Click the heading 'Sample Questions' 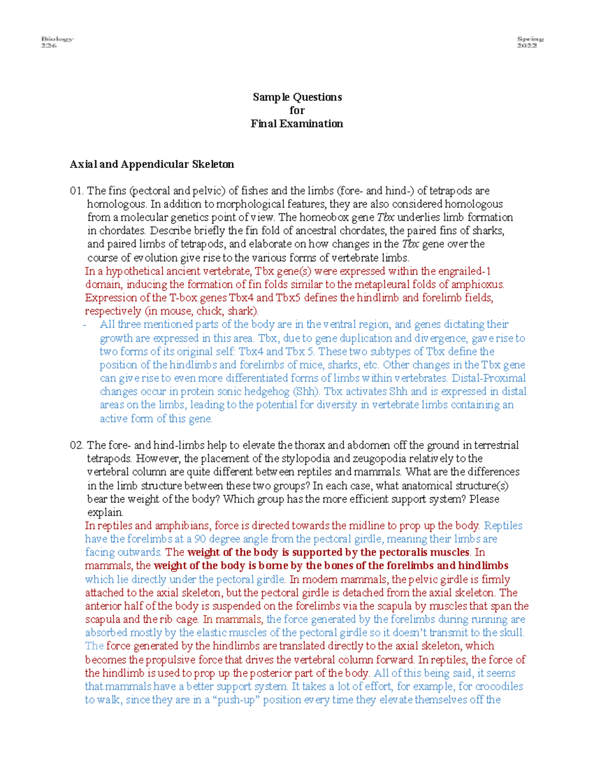point(297,97)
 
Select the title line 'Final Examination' point(297,124)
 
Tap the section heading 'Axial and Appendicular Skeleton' point(152,164)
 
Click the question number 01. point(77,191)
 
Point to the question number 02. point(77,445)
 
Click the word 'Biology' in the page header point(57,39)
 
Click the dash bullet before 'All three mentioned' point(86,325)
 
